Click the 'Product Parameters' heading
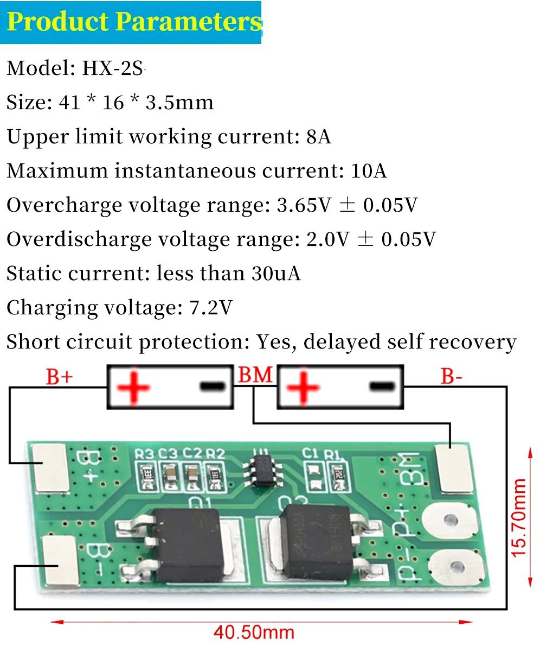pos(133,22)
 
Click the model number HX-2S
pos(112,68)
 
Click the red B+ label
pos(59,377)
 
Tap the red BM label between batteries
pos(255,375)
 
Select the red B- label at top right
pos(451,377)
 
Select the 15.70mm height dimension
pos(519,517)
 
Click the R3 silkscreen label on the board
pos(145,453)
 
